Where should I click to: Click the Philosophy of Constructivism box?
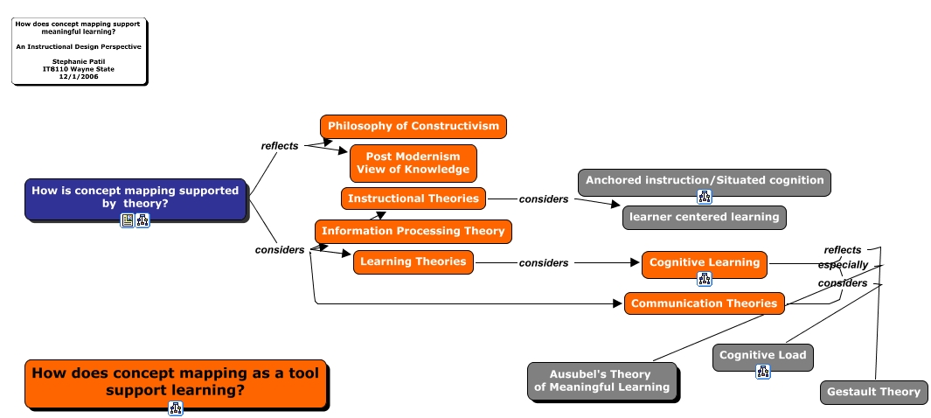(413, 126)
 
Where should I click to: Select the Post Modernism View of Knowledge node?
(413, 163)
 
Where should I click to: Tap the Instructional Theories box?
(413, 199)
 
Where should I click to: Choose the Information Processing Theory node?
(413, 231)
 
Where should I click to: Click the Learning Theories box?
(413, 261)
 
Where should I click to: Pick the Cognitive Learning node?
(705, 262)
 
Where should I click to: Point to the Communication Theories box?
(704, 303)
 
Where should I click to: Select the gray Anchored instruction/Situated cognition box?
(705, 181)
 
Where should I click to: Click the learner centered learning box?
(704, 217)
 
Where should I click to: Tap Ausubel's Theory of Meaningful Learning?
(601, 380)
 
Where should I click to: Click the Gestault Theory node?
(873, 392)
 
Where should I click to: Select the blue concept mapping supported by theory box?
(135, 197)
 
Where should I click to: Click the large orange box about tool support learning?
(175, 381)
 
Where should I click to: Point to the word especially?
(843, 265)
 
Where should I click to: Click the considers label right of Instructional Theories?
(544, 199)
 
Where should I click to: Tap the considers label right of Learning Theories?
(544, 263)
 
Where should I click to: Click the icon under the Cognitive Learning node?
(705, 279)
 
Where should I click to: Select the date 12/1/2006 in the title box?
(79, 76)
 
